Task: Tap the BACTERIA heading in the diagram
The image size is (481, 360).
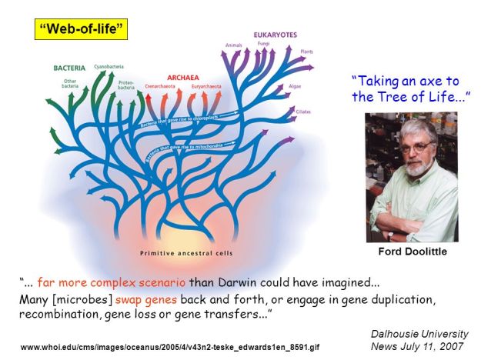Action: pyautogui.click(x=69, y=68)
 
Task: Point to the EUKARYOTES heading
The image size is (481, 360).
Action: pyautogui.click(x=276, y=35)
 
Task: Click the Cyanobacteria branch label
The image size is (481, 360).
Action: pyautogui.click(x=108, y=66)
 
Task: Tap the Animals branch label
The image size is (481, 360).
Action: pyautogui.click(x=234, y=45)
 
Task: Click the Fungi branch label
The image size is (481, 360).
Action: pyautogui.click(x=263, y=44)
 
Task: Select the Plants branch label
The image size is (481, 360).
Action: pyautogui.click(x=307, y=52)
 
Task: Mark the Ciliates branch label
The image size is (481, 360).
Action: pyautogui.click(x=303, y=112)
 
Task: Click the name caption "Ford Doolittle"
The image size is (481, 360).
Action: pyautogui.click(x=412, y=251)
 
